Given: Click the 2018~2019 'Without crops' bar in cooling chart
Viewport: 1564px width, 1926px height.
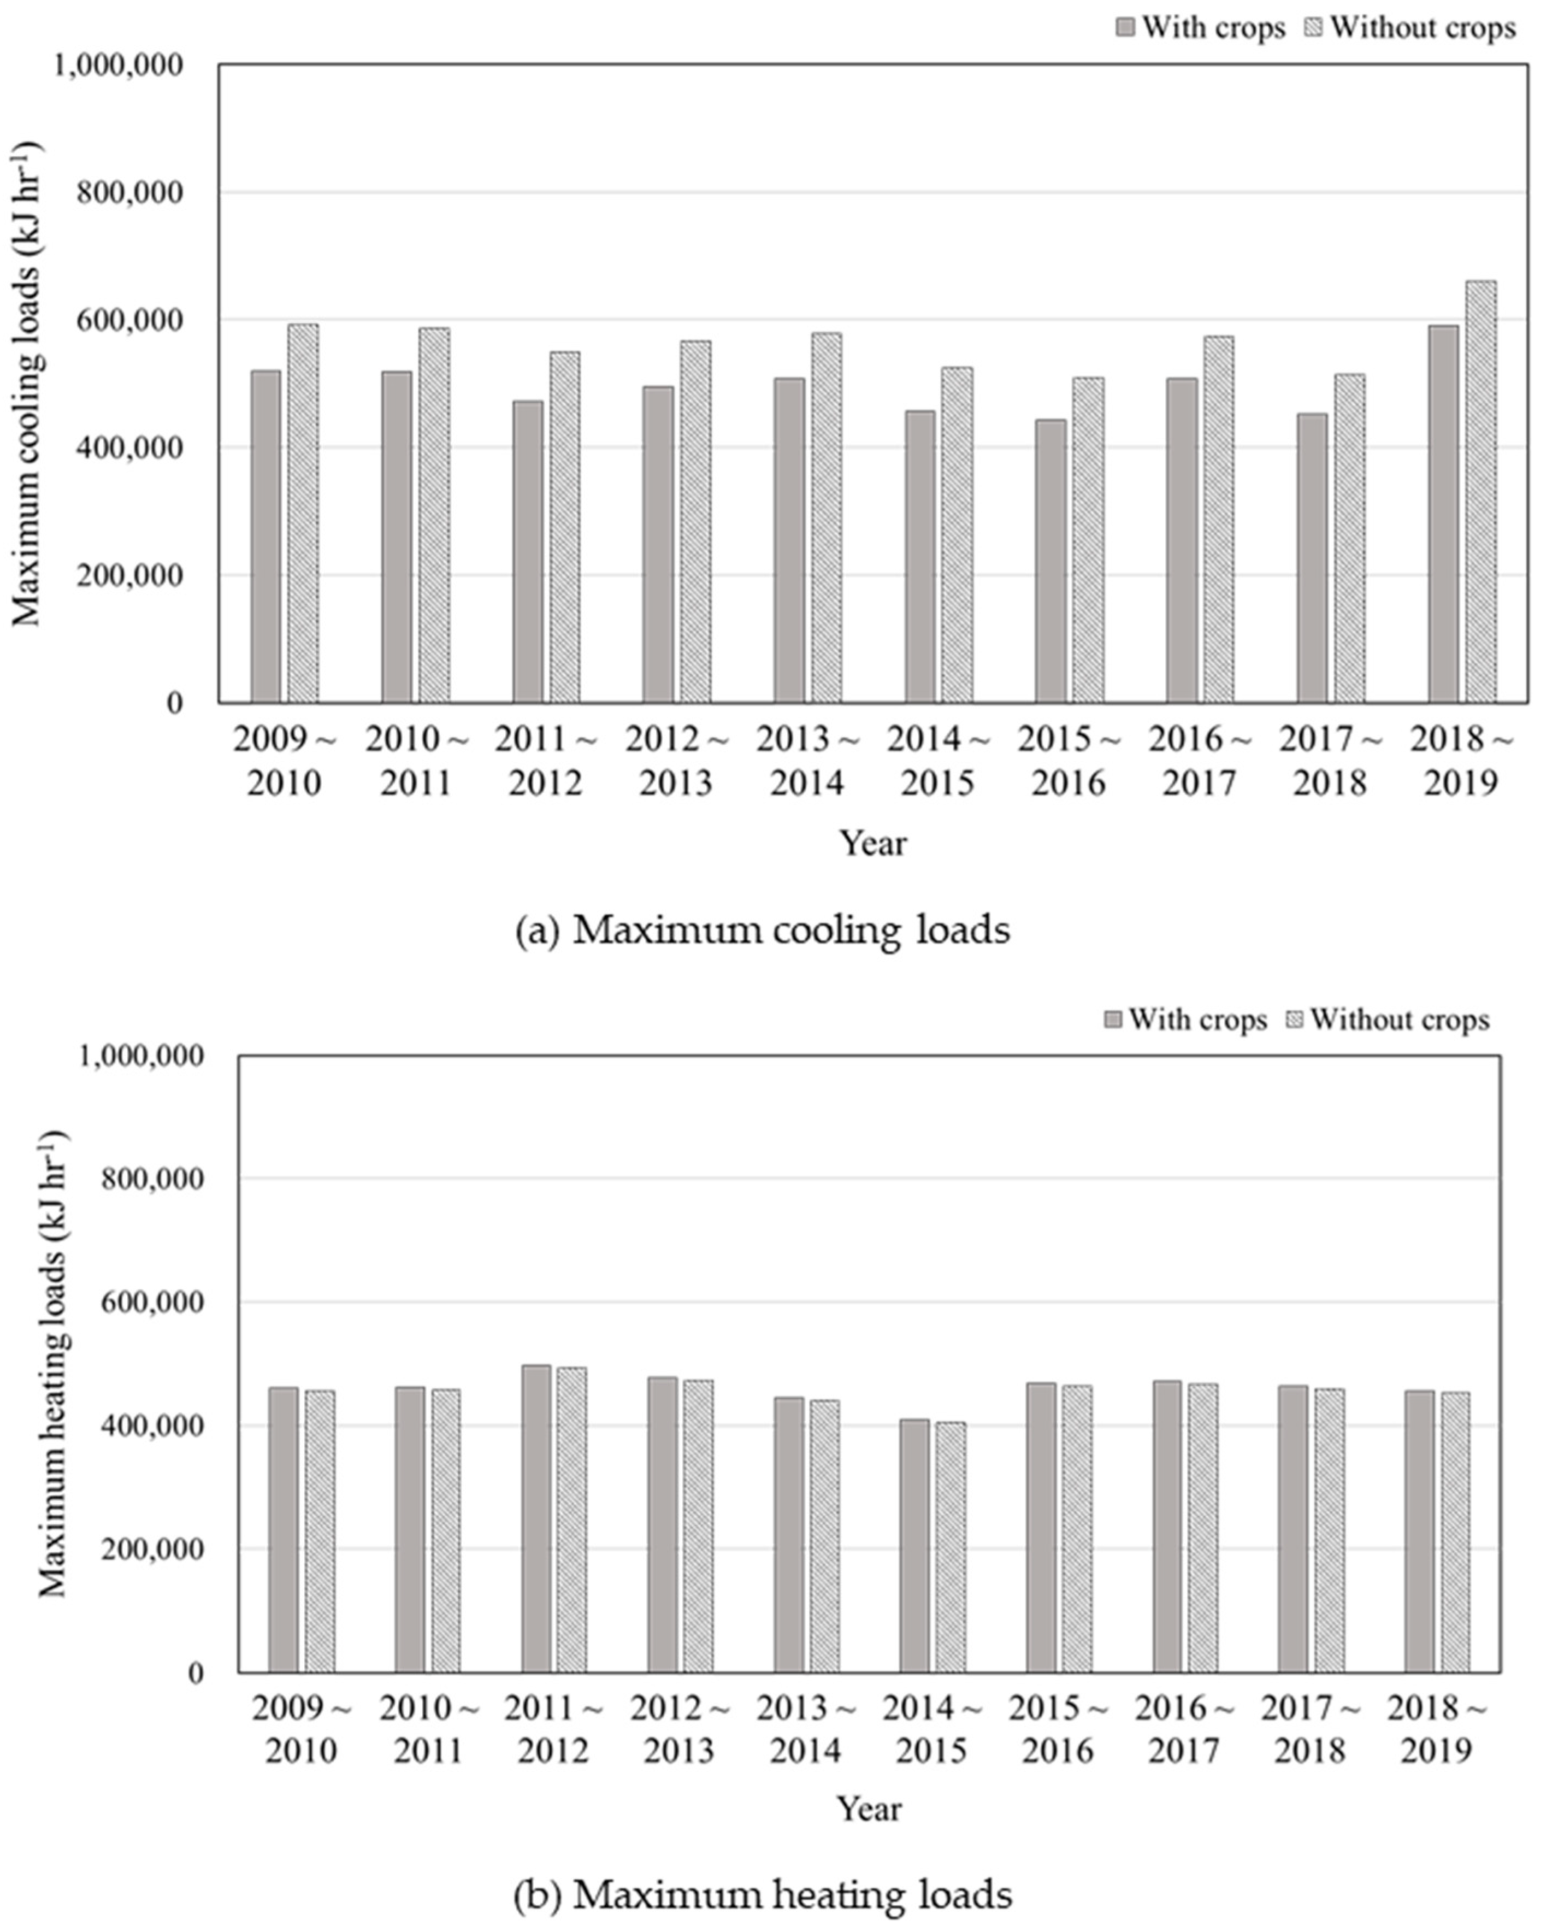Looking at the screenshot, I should [1480, 491].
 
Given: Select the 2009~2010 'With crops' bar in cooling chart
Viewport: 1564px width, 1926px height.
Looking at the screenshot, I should [266, 536].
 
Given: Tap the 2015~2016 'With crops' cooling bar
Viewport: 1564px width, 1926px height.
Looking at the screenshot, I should [1050, 561].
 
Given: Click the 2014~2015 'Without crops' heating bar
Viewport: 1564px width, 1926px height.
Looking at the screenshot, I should [951, 1547].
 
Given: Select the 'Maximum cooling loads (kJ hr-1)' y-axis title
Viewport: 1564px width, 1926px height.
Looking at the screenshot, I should [27, 383].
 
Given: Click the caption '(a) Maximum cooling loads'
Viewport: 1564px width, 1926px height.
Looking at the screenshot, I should [762, 929].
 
